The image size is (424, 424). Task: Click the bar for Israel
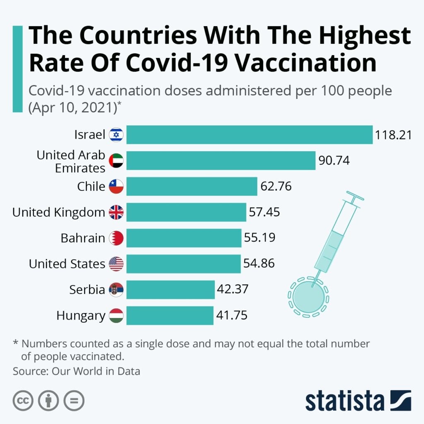(x=249, y=135)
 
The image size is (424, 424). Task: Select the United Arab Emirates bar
(x=221, y=161)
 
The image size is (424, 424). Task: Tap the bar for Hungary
(x=170, y=316)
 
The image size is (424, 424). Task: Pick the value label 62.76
(x=276, y=186)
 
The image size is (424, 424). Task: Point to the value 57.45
(x=264, y=212)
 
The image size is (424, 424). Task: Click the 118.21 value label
(x=393, y=135)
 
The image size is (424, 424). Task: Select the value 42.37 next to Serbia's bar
(x=232, y=289)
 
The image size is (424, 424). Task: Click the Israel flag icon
(x=116, y=135)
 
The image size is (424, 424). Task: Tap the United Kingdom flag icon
(x=116, y=212)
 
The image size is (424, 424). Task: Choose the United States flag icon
(x=116, y=264)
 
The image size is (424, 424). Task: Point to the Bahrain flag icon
(x=116, y=238)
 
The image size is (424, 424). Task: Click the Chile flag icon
(x=116, y=187)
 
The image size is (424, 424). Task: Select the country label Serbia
(x=87, y=289)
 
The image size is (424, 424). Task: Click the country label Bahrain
(x=83, y=238)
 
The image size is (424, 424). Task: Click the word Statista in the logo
(x=344, y=401)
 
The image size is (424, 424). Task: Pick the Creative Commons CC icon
(x=23, y=401)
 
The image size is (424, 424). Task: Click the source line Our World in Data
(x=77, y=371)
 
